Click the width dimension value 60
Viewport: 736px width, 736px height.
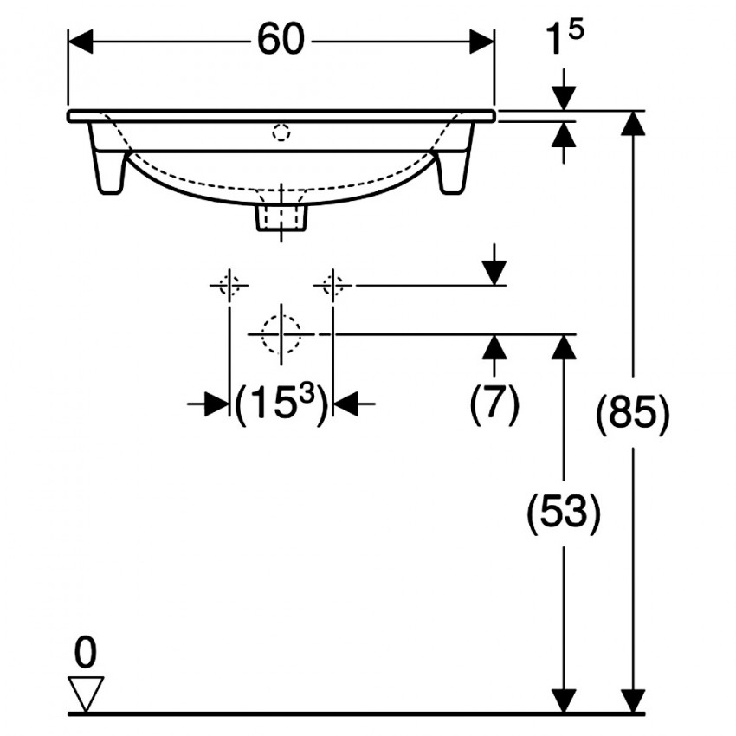281,40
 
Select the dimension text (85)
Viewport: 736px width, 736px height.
633,412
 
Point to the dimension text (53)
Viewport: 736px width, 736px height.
564,512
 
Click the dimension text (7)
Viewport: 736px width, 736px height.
494,403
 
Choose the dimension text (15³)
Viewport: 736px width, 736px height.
281,404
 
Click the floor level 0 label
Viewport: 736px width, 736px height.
86,652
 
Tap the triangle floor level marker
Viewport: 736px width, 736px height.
86,694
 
